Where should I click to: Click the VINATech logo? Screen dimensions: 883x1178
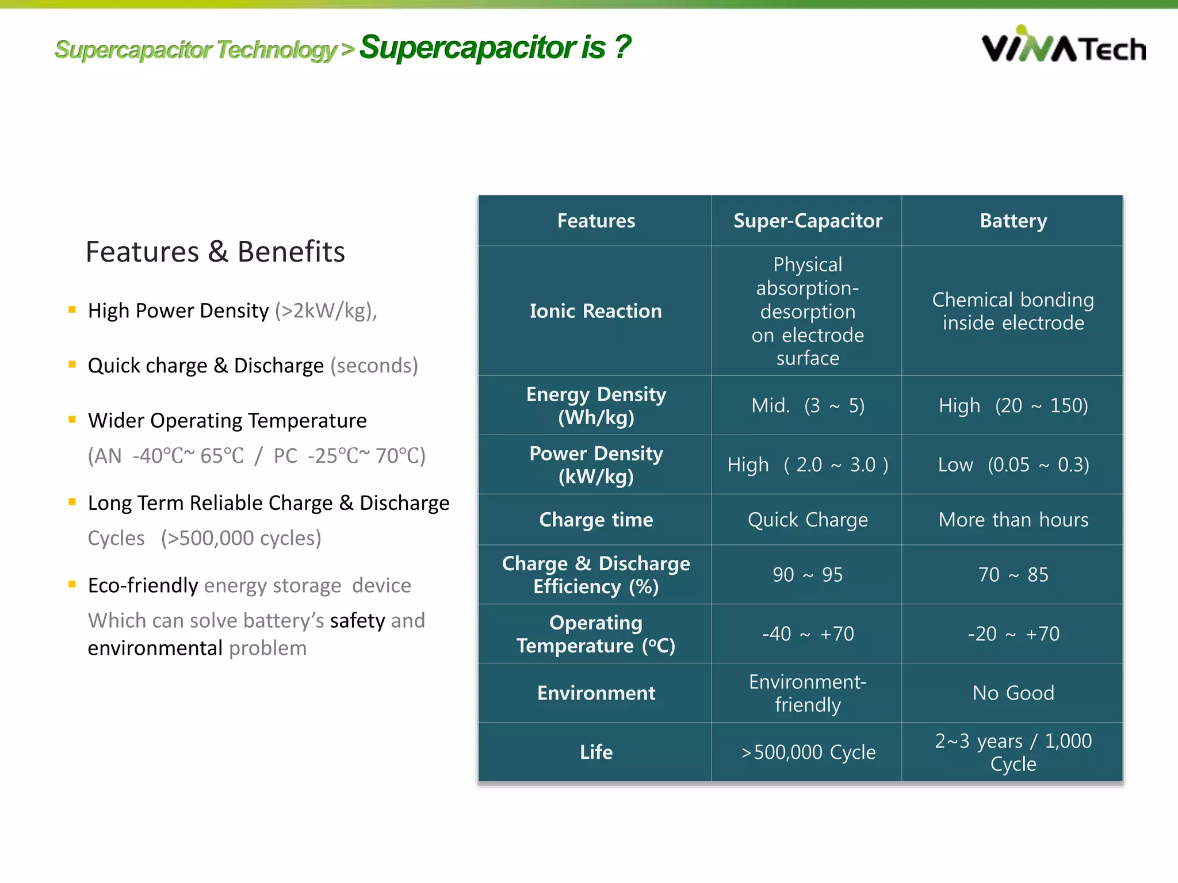tap(1063, 45)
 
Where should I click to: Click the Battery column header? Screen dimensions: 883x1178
tap(1013, 221)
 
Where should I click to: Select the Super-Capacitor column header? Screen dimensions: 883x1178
tap(807, 221)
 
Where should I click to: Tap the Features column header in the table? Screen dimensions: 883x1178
tap(596, 221)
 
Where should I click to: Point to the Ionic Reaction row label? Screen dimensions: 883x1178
tap(595, 311)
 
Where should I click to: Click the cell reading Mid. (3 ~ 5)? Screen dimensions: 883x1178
tap(807, 406)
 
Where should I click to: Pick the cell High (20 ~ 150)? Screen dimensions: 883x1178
tap(1013, 406)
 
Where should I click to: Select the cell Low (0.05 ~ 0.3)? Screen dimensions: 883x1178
tap(1013, 464)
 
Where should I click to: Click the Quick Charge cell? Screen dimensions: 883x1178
tap(807, 520)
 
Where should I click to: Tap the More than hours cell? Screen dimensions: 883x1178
tap(1013, 520)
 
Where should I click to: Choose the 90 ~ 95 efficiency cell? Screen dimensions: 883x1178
tap(807, 575)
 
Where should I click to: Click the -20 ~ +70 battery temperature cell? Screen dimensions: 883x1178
tap(1013, 634)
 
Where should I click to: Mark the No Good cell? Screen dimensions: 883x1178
tap(1013, 693)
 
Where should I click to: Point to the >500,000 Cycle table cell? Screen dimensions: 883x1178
tap(808, 752)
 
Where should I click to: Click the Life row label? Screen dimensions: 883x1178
tap(596, 752)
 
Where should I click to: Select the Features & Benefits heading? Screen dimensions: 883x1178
tap(215, 252)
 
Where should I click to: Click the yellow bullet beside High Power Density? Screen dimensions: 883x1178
tap(72, 310)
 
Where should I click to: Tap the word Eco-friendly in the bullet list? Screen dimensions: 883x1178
tap(143, 585)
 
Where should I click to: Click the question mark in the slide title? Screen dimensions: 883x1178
tap(622, 47)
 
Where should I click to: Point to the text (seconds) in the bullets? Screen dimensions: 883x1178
tap(374, 366)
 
